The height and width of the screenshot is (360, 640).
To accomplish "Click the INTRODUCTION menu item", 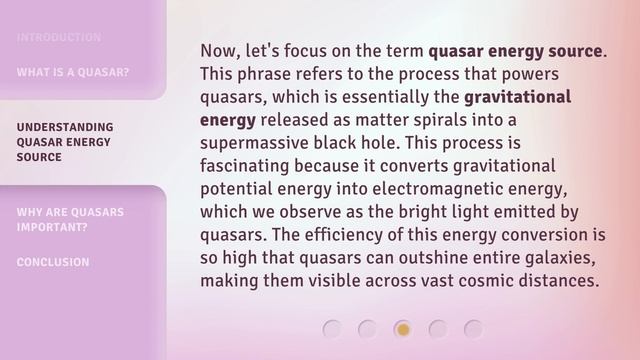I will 58,38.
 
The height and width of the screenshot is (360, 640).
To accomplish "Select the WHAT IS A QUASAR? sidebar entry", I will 72,72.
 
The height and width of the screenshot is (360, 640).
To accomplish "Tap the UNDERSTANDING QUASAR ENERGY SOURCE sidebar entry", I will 65,142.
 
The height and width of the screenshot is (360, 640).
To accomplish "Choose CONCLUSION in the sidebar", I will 53,262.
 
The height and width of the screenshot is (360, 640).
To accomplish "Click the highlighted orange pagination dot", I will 402,328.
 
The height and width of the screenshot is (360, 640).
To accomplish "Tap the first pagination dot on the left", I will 333,328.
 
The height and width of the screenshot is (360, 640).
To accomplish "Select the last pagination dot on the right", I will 473,328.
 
